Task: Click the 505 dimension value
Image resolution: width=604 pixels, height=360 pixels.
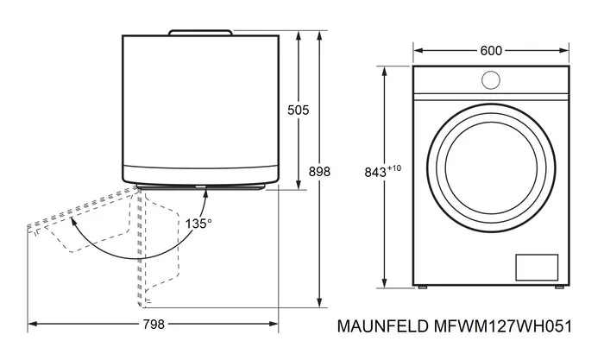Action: click(x=298, y=111)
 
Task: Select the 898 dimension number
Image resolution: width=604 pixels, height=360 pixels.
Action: click(x=319, y=172)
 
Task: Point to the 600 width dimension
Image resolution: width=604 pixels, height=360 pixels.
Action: click(x=491, y=51)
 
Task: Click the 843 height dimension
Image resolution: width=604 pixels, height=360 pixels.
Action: click(x=374, y=172)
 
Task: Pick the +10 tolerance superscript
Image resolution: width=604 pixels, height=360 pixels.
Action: click(x=395, y=167)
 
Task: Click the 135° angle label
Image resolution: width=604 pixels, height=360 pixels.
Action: click(x=198, y=223)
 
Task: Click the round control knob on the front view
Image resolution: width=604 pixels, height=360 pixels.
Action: click(x=491, y=79)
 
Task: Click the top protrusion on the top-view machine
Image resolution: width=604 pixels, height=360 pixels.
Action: click(x=200, y=32)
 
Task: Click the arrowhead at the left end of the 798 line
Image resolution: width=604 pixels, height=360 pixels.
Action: click(x=32, y=325)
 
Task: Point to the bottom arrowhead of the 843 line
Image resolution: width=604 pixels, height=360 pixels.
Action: click(x=383, y=286)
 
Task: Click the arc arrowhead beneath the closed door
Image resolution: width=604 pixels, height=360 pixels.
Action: click(x=205, y=192)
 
